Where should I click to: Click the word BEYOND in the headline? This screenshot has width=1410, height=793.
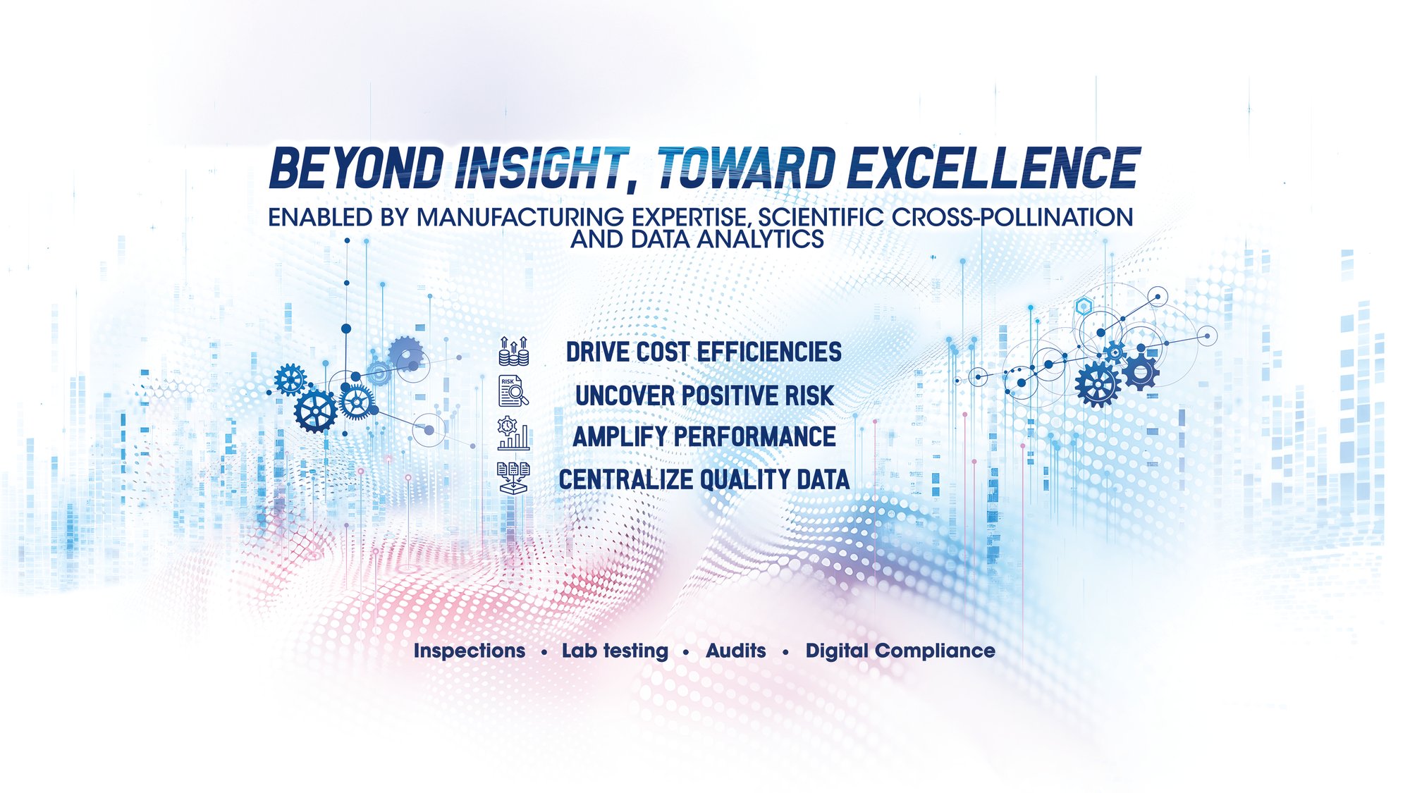point(357,168)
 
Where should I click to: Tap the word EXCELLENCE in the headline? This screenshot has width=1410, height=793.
point(994,168)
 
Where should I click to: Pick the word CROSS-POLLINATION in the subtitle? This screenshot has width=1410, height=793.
point(1012,217)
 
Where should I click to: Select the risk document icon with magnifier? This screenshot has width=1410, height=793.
point(514,391)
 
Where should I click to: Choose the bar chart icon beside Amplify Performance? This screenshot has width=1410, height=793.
point(513,434)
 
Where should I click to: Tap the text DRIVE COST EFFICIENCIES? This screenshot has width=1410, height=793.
point(704,352)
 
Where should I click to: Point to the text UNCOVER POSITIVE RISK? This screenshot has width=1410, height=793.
point(704,395)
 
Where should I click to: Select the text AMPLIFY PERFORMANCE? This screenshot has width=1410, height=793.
point(704,436)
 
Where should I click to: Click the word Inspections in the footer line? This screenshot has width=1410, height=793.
point(470,651)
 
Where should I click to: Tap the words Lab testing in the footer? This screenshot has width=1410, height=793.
point(615,651)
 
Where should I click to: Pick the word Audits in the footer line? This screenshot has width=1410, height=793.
point(735,651)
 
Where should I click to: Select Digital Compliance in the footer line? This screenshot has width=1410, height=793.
point(900,651)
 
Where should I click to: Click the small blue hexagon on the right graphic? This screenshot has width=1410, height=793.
point(1084,307)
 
